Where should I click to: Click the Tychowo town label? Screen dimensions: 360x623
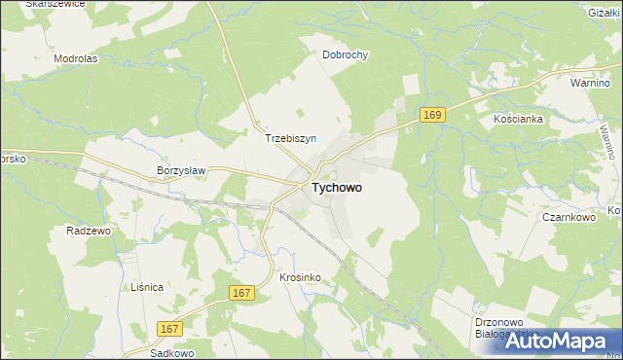(x=338, y=189)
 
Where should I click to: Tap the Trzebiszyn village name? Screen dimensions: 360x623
(x=292, y=139)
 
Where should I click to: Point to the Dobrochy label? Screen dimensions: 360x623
(x=346, y=55)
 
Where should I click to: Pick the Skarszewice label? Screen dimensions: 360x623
(x=55, y=5)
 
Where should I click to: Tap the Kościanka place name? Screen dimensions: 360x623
(x=517, y=118)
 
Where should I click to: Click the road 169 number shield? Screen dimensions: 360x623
(x=433, y=116)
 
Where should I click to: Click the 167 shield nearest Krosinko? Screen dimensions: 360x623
(x=243, y=292)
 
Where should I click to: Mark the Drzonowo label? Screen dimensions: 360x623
(x=503, y=320)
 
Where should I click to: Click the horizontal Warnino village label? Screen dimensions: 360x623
(x=590, y=84)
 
